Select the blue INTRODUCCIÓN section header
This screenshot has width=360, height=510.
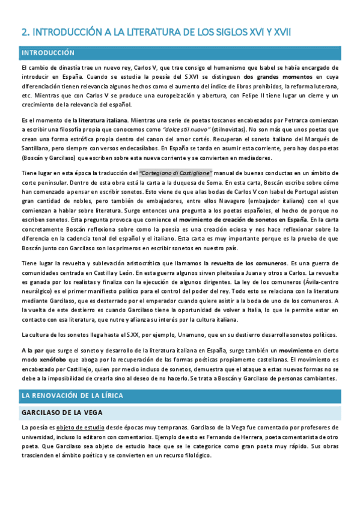pyautogui.click(x=48, y=53)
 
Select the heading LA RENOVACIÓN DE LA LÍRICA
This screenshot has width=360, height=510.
pyautogui.click(x=80, y=396)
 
